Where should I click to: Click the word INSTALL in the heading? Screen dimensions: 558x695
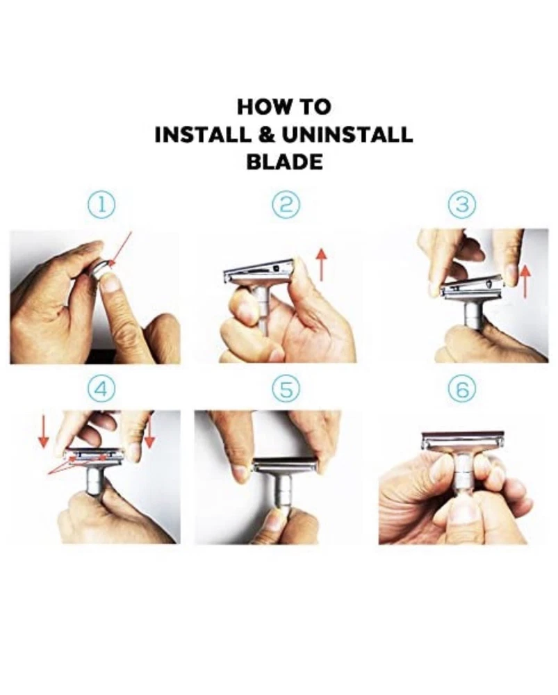204,135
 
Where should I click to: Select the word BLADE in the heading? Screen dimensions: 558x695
284,162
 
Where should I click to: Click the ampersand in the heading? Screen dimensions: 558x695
267,135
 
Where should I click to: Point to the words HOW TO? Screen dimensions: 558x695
284,107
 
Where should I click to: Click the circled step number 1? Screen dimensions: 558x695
102,205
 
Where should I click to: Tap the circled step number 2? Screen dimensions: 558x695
286,205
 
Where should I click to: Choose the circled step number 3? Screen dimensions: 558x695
462,205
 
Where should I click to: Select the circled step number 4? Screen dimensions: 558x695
101,390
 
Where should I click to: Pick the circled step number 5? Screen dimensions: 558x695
286,390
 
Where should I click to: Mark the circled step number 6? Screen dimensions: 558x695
462,390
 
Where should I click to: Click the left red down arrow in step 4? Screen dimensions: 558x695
44,432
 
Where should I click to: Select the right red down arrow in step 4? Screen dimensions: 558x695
149,432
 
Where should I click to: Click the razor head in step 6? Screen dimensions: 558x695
463,440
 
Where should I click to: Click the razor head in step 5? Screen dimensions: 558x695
285,466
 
